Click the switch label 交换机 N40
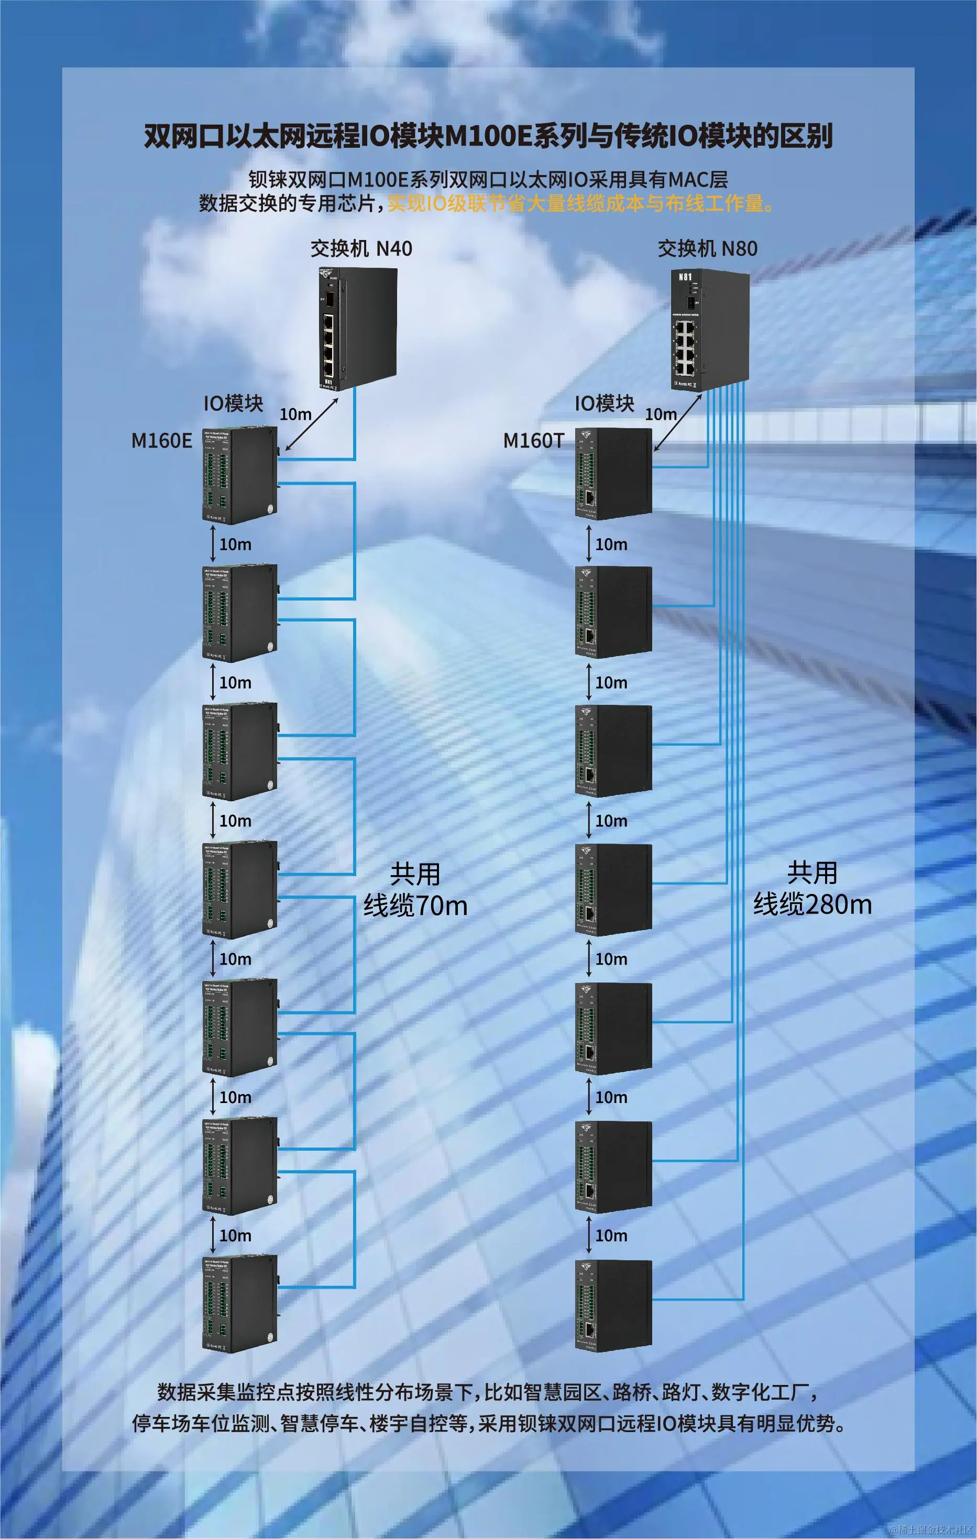coord(361,248)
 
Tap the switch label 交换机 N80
coord(707,248)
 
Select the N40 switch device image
coord(357,328)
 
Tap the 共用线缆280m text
coord(812,888)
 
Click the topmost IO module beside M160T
coord(613,474)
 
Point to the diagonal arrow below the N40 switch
coord(312,424)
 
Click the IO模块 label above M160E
coord(233,404)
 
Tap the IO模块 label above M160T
coord(605,404)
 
